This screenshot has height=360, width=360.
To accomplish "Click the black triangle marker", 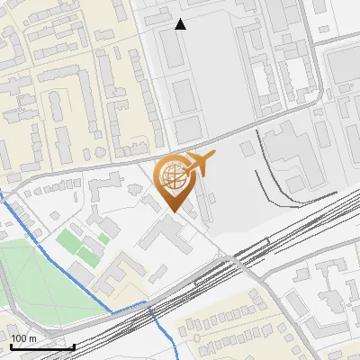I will coord(180,25).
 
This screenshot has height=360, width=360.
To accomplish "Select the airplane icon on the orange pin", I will coord(198,162).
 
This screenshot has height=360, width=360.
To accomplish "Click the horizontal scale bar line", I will coord(41,347).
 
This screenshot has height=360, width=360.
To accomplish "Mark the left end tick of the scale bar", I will coord(10,346).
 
